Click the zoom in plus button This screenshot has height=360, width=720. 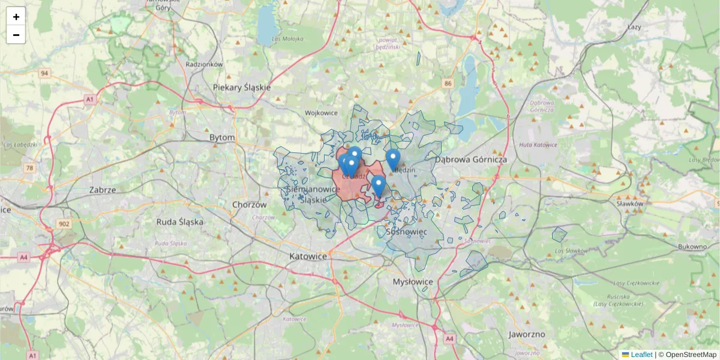tap(16, 17)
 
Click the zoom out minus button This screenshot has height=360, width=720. tap(16, 35)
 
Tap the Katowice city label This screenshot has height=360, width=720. tap(308, 256)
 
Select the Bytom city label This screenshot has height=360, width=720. tap(222, 137)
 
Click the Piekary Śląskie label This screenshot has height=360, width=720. tap(242, 87)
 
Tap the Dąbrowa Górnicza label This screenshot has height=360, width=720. tap(471, 160)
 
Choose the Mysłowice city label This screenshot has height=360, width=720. tap(412, 281)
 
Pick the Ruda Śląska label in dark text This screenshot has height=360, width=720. tap(179, 221)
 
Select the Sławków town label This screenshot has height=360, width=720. tap(629, 203)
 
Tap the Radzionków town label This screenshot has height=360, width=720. tap(204, 64)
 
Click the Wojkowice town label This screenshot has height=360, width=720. tap(322, 113)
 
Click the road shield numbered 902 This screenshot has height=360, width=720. tap(64, 224)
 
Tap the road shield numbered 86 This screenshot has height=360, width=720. tap(448, 83)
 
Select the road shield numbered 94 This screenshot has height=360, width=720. tap(44, 73)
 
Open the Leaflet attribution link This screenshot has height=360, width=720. tap(641, 355)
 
